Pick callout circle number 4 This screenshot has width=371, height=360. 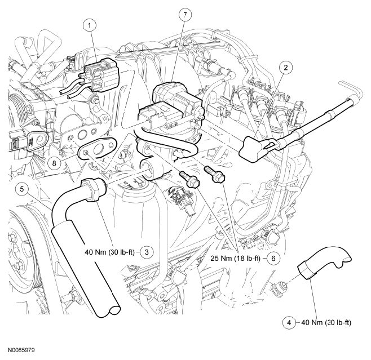[288, 323]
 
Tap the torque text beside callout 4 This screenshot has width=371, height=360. [328, 323]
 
